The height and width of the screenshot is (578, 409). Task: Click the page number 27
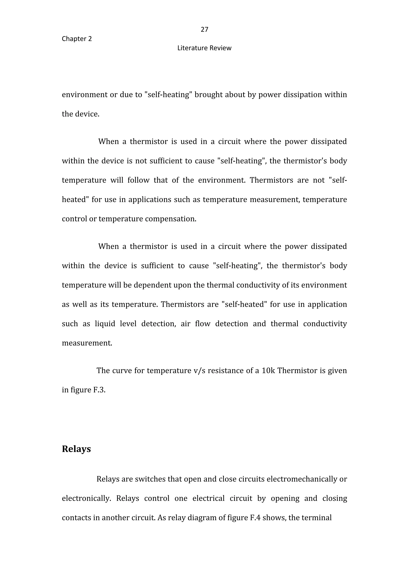[x=204, y=30]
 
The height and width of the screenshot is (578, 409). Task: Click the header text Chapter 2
[x=77, y=39]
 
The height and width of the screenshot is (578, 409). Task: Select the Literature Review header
[x=204, y=48]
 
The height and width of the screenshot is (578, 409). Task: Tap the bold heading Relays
[x=76, y=449]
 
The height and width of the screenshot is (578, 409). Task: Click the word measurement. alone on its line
[x=87, y=343]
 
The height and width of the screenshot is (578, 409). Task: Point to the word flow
[x=203, y=324]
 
